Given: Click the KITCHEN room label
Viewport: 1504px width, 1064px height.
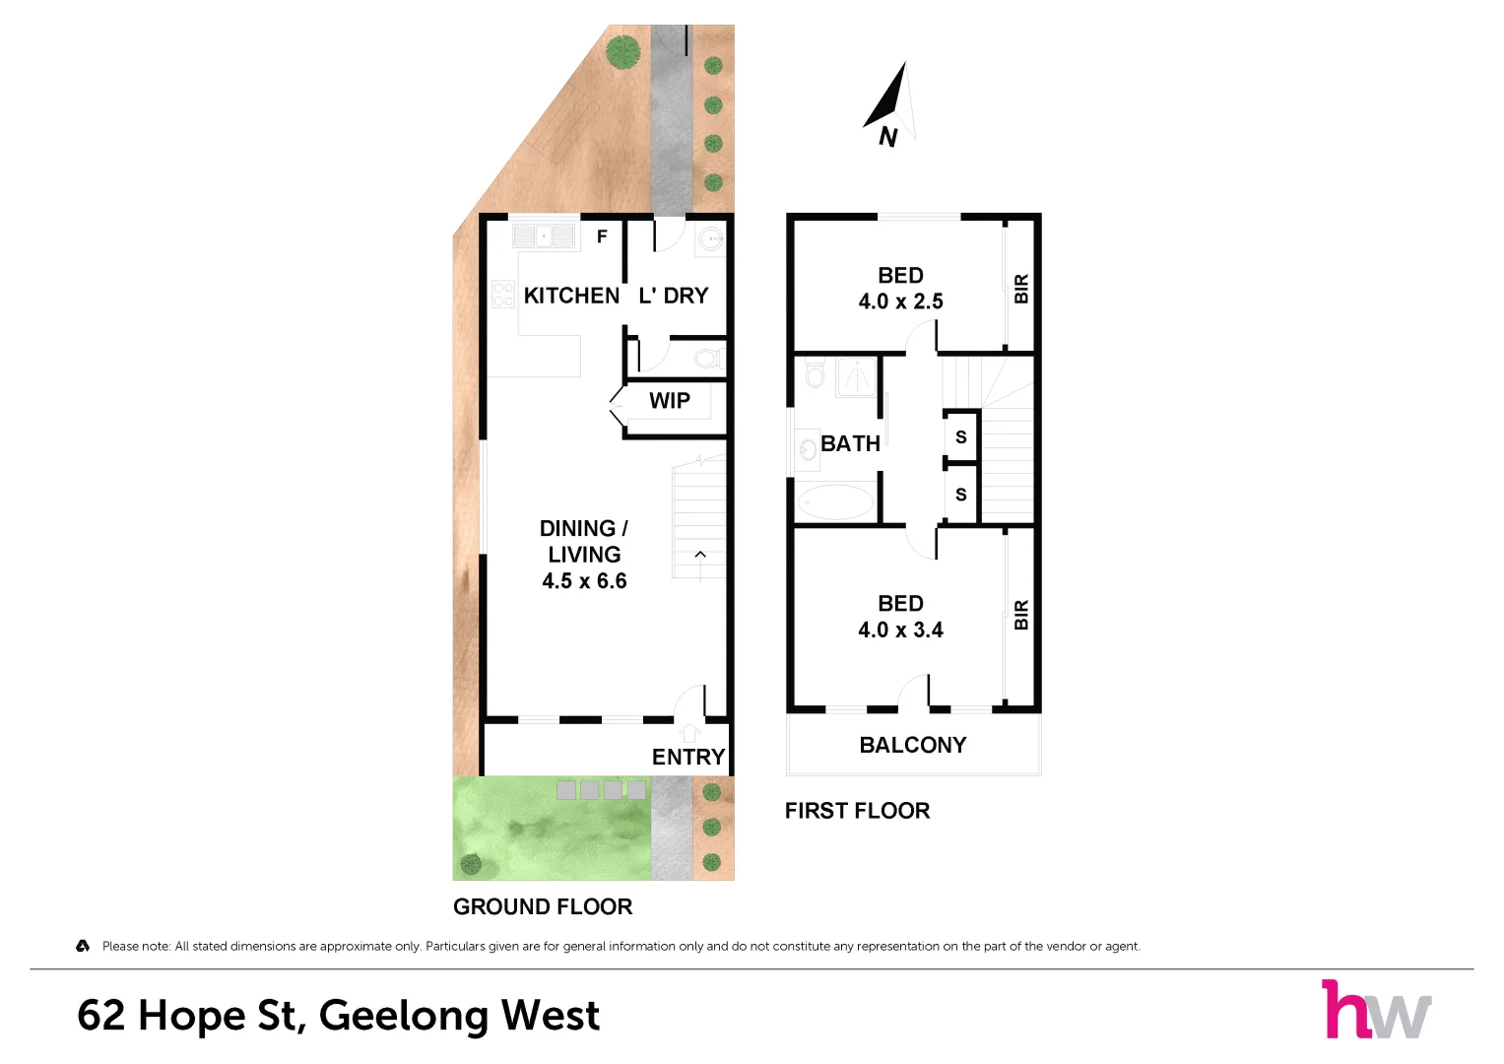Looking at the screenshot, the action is pos(571,296).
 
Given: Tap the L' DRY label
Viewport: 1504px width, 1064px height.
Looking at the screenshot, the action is pos(674,296).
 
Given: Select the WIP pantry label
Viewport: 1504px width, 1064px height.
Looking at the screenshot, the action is pos(670,400).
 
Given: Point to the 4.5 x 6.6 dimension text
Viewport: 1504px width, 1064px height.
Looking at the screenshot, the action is pos(584,581).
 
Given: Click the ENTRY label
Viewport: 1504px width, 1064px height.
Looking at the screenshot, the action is pos(688,757).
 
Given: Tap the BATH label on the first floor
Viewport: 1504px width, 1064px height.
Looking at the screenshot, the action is pos(850,444).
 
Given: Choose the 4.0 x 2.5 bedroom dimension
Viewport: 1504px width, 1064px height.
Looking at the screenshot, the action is pos(900,301).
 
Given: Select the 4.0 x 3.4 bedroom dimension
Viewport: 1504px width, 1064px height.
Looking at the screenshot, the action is pos(900,631).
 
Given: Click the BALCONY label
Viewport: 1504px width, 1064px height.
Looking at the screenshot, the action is pos(913,745).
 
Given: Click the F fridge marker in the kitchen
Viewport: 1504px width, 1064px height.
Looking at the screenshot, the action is pos(602,236).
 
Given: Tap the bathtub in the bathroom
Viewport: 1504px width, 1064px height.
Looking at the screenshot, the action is pos(835,501).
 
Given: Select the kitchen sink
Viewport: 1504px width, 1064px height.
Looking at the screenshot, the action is pos(544,236).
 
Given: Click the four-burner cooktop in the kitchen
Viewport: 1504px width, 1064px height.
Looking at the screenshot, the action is pos(503,295).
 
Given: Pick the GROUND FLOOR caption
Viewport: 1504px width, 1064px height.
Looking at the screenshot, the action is pos(543,906).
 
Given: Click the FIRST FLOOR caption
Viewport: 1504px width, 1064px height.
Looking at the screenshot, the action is pos(858,811).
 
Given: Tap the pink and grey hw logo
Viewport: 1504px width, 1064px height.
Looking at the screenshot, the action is pos(1376,1009).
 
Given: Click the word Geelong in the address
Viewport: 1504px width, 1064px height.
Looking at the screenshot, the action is pos(404,1017).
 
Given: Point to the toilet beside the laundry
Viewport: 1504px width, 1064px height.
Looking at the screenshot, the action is pos(709,358).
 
